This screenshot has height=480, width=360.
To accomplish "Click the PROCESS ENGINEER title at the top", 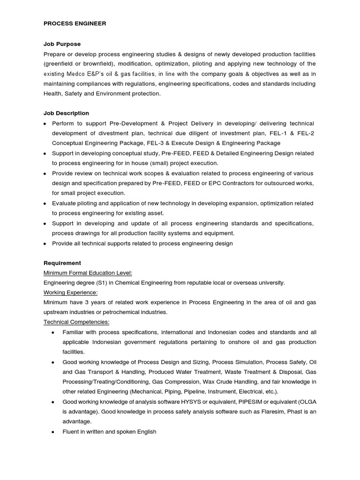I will pos(75,23).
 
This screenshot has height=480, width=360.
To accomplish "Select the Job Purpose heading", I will pos(62,44).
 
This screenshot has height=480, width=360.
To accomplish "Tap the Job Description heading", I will pos(66,113).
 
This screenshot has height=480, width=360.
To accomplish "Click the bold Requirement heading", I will pos(62,263).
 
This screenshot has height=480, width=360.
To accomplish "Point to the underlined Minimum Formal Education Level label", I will pos(88,273).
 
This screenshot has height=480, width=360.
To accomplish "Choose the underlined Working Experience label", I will pos(70,292).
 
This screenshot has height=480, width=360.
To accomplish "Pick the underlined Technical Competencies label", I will pos(76,322).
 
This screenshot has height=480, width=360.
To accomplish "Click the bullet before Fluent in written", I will pos(53,432).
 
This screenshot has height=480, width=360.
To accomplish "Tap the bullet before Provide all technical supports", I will pos(45,244).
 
